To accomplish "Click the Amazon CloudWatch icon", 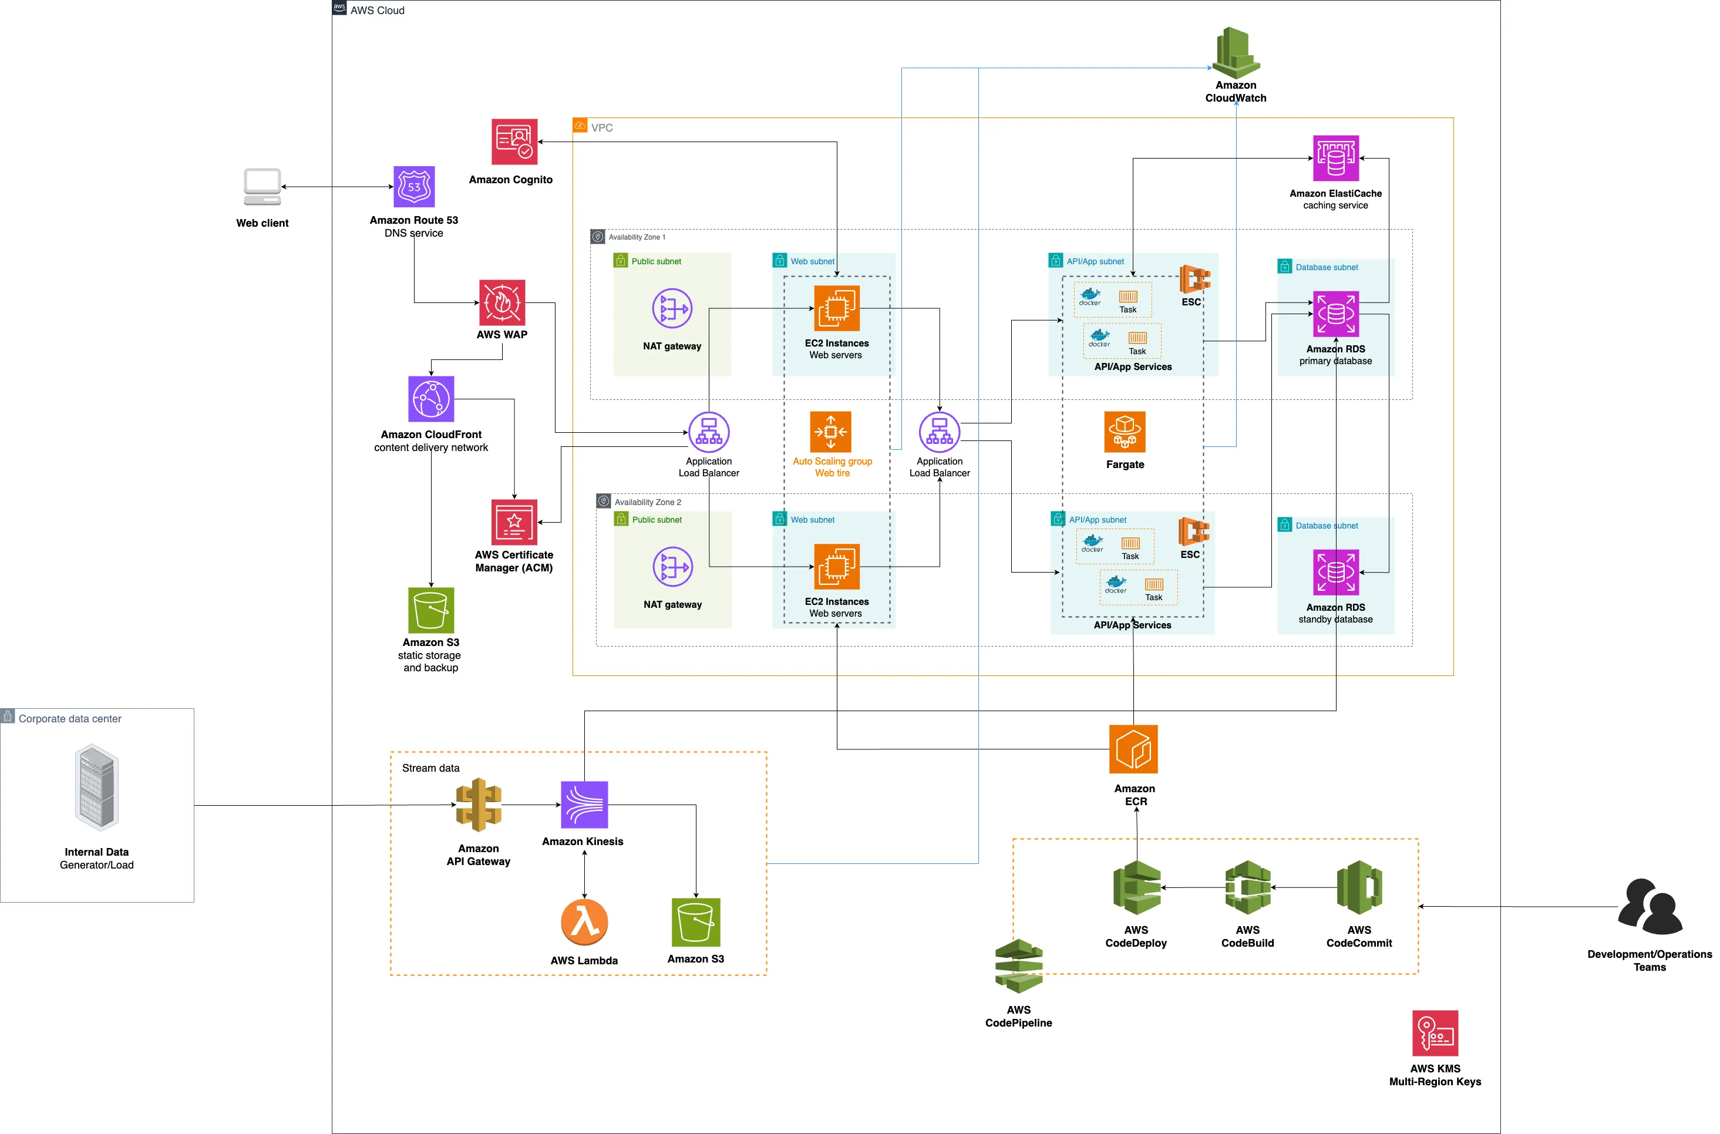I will pos(1236,53).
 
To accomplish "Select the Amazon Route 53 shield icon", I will pos(413,187).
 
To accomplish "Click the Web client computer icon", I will pos(262,187).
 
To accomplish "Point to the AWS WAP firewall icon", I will pos(501,302).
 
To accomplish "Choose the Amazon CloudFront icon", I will pos(431,399).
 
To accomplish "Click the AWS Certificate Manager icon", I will pos(514,521).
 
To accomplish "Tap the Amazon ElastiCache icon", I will pos(1335,159).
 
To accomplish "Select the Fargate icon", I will pos(1124,432).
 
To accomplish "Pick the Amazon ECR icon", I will pos(1133,749).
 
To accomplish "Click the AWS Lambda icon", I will pos(584,922).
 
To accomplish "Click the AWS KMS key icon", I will pos(1435,1033).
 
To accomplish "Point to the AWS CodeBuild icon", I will pos(1247,887).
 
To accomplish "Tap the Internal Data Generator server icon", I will pos(96,787).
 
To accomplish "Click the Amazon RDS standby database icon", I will pos(1335,572).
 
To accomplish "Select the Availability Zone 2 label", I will pos(647,502).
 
